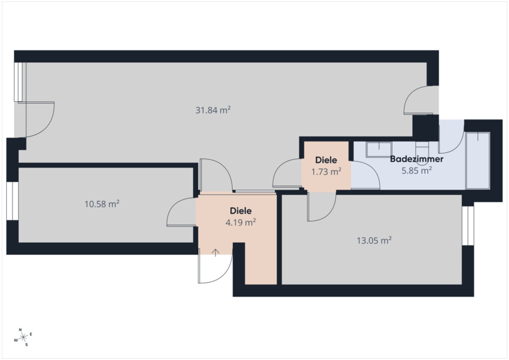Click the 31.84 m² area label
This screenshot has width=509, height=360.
pos(213,110)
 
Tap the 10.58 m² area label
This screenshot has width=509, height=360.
pos(102,204)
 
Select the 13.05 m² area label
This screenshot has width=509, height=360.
pos(374,241)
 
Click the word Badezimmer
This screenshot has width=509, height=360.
pos(416,159)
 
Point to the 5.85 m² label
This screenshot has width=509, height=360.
pos(416,170)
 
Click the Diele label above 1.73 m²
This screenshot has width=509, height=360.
pos(326,160)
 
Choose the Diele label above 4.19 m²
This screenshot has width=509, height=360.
pos(240,211)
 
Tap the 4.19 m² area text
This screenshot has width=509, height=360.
pos(240,222)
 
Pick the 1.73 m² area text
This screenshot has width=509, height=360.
pos(326,172)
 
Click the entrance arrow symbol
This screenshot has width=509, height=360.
pos(215,253)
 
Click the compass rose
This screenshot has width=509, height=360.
pos(24,337)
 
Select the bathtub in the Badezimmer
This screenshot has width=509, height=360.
pos(477,161)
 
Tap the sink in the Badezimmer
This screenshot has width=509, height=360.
pos(379,149)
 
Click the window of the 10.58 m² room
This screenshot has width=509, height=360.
pos(12,201)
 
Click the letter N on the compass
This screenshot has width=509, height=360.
pos(20,330)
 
